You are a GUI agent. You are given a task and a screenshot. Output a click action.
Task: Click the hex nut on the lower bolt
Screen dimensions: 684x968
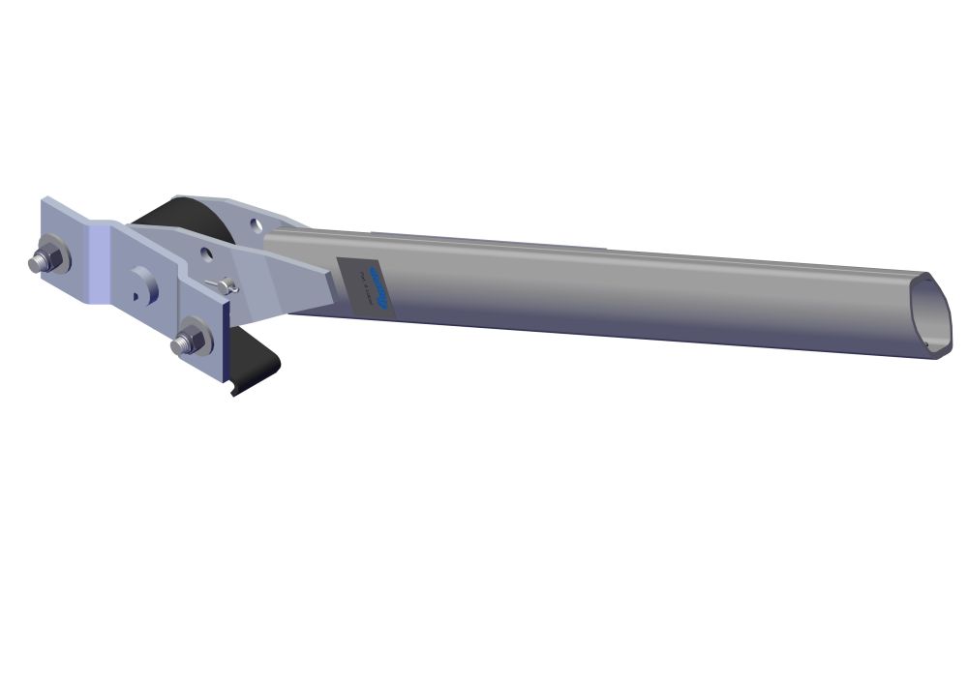[x=193, y=342]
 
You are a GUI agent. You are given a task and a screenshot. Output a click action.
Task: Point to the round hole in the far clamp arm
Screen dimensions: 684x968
[x=253, y=223]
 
